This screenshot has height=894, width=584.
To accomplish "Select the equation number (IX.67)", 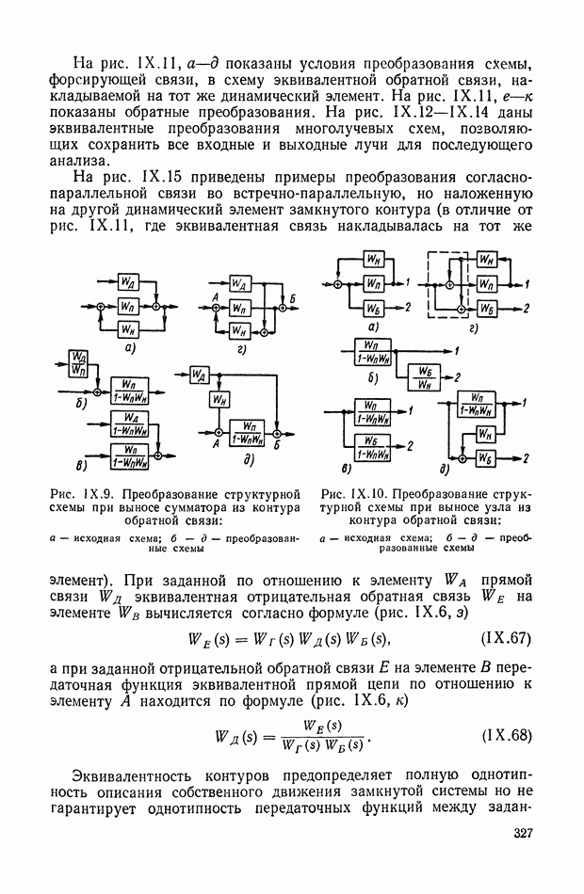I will point(510,640).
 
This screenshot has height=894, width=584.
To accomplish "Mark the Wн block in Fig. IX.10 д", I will point(486,434).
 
